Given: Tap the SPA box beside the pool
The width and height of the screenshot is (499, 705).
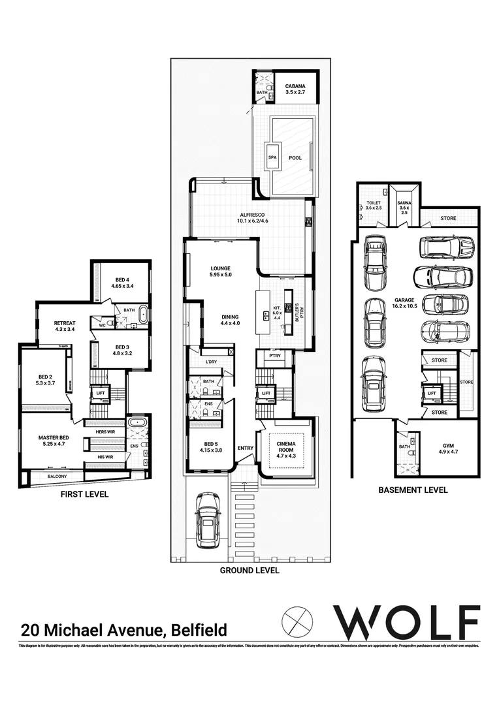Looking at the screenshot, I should coord(271,157).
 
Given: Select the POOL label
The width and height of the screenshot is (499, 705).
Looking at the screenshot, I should coord(295,157).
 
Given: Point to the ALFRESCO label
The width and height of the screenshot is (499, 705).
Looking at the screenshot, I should coord(251,217).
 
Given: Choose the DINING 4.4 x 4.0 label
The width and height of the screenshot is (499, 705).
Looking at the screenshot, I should coord(230,319).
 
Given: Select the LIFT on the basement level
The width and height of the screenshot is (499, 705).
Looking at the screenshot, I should coord(431,393).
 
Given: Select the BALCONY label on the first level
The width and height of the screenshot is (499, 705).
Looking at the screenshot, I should coord(58,477).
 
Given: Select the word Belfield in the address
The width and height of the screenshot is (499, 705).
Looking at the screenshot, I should coord(199,630).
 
